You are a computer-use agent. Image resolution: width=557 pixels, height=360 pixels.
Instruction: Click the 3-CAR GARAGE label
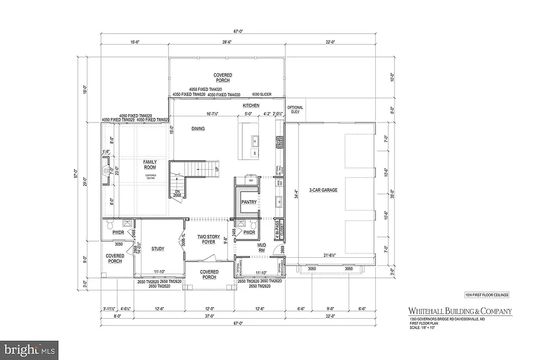[x=321, y=190]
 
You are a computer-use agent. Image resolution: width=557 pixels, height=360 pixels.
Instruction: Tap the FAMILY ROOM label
[x=150, y=165]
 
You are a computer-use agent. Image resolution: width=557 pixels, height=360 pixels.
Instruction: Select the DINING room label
[x=198, y=129]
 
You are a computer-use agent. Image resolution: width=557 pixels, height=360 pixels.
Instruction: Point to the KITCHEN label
[x=251, y=105]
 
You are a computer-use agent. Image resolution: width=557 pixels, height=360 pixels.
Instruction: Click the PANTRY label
[x=249, y=202]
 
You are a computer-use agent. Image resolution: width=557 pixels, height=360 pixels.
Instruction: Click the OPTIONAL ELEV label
[x=295, y=110]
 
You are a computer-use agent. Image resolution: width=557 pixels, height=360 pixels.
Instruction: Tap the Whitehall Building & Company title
[x=460, y=312]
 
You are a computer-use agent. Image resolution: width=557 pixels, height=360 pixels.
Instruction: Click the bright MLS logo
[x=29, y=347]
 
